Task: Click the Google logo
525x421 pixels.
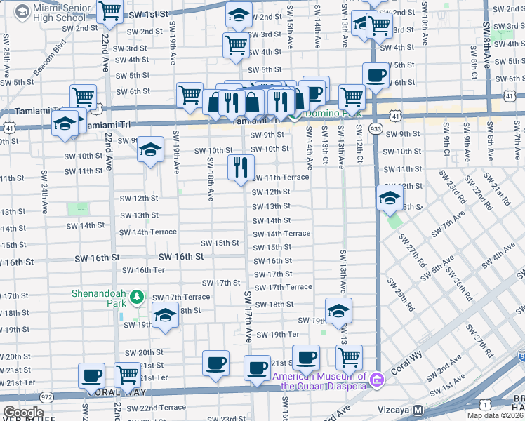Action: [x=23, y=413]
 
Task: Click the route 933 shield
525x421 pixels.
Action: [x=376, y=129]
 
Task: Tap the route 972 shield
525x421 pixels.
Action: [x=48, y=396]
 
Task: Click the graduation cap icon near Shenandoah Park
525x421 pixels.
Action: [x=165, y=315]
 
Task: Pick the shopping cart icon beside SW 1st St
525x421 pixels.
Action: [x=110, y=12]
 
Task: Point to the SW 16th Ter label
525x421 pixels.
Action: [x=143, y=270]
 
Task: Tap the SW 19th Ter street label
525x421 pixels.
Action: [x=278, y=334]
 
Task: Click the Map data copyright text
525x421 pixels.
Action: [x=496, y=415]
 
